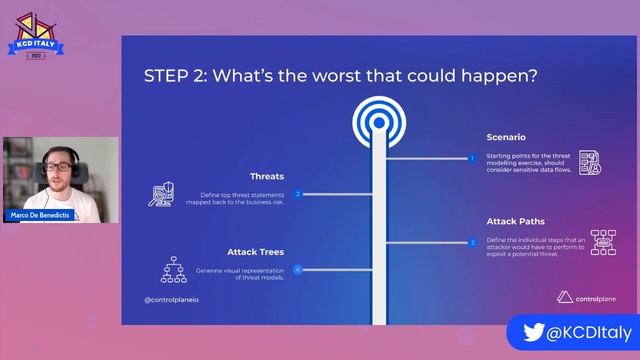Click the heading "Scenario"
[x=506, y=136]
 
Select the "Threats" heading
[x=267, y=176]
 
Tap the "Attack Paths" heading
[x=515, y=221]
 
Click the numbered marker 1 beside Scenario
[x=471, y=158]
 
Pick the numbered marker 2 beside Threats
[x=297, y=194]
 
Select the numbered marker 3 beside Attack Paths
[x=472, y=242]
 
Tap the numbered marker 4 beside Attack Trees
[x=297, y=269]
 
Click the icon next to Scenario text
[x=590, y=162]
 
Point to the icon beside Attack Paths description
[x=603, y=242]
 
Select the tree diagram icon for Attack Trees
[x=174, y=269]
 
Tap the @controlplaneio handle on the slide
[x=173, y=298]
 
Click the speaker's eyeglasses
[x=57, y=166]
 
